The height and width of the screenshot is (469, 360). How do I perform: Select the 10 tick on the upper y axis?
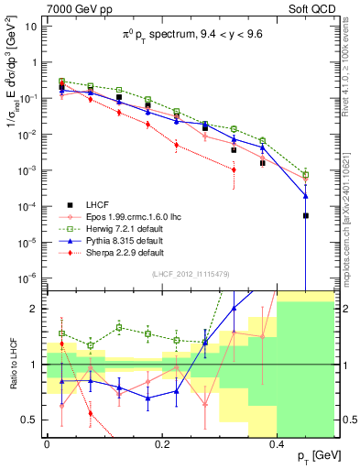click(x=31, y=27)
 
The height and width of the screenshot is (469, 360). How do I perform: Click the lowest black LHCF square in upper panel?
click(x=306, y=215)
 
